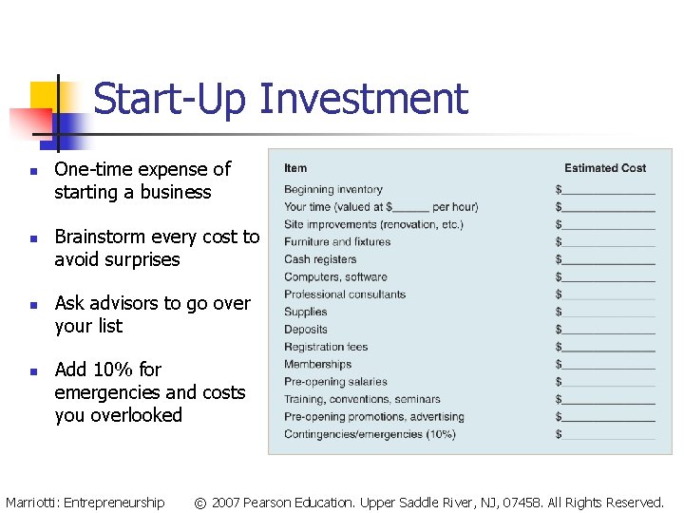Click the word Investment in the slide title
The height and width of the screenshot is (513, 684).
click(x=364, y=99)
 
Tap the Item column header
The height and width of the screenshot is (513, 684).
click(x=295, y=168)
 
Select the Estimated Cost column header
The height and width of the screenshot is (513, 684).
click(x=605, y=168)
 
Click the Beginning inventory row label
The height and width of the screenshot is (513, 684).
click(x=332, y=189)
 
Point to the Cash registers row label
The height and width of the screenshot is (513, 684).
click(x=320, y=259)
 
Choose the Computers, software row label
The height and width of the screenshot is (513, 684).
click(x=335, y=276)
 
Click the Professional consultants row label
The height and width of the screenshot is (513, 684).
click(x=344, y=294)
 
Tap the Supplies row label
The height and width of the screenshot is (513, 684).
click(x=305, y=312)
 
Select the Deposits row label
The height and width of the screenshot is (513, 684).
click(x=305, y=330)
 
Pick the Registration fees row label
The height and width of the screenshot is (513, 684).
click(x=325, y=347)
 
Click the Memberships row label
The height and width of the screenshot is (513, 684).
click(x=317, y=364)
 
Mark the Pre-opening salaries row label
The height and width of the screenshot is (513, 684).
click(x=335, y=382)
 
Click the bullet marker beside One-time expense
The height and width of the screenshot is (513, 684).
click(x=31, y=172)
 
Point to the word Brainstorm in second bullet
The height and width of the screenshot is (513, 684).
click(x=99, y=237)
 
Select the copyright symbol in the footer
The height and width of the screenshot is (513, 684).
click(x=199, y=503)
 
